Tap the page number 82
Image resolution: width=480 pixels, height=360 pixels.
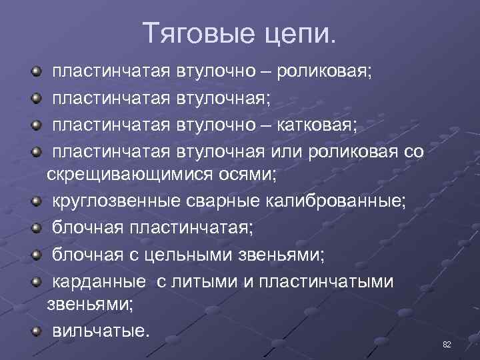click(x=447, y=344)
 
